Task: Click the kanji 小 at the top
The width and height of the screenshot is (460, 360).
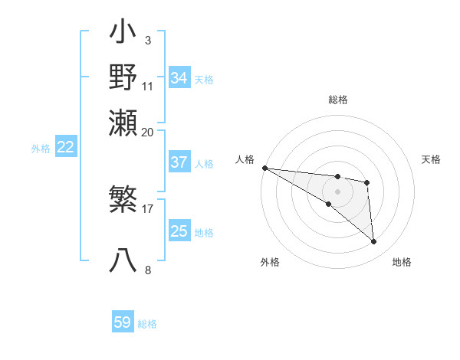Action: [x=123, y=34]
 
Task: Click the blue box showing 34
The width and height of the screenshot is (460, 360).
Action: [x=179, y=77]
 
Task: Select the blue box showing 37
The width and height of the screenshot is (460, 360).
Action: [x=179, y=162]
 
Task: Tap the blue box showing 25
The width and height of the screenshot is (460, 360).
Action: [x=179, y=231]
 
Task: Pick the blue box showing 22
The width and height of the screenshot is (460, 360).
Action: [x=66, y=147]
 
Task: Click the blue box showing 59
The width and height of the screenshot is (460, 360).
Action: [x=123, y=322]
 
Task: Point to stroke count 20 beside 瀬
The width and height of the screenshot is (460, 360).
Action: [x=148, y=132]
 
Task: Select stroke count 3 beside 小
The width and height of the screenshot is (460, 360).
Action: [x=147, y=40]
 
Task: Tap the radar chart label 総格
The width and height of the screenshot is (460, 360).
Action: [x=337, y=100]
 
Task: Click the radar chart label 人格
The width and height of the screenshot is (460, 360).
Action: [x=245, y=159]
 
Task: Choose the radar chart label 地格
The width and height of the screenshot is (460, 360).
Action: [x=402, y=263]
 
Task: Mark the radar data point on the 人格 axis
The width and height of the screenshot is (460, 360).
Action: [x=264, y=168]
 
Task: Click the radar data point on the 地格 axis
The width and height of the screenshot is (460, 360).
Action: [x=373, y=242]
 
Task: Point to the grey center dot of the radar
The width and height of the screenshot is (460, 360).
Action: [x=337, y=191]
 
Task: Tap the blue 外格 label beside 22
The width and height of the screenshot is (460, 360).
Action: [x=41, y=149]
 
